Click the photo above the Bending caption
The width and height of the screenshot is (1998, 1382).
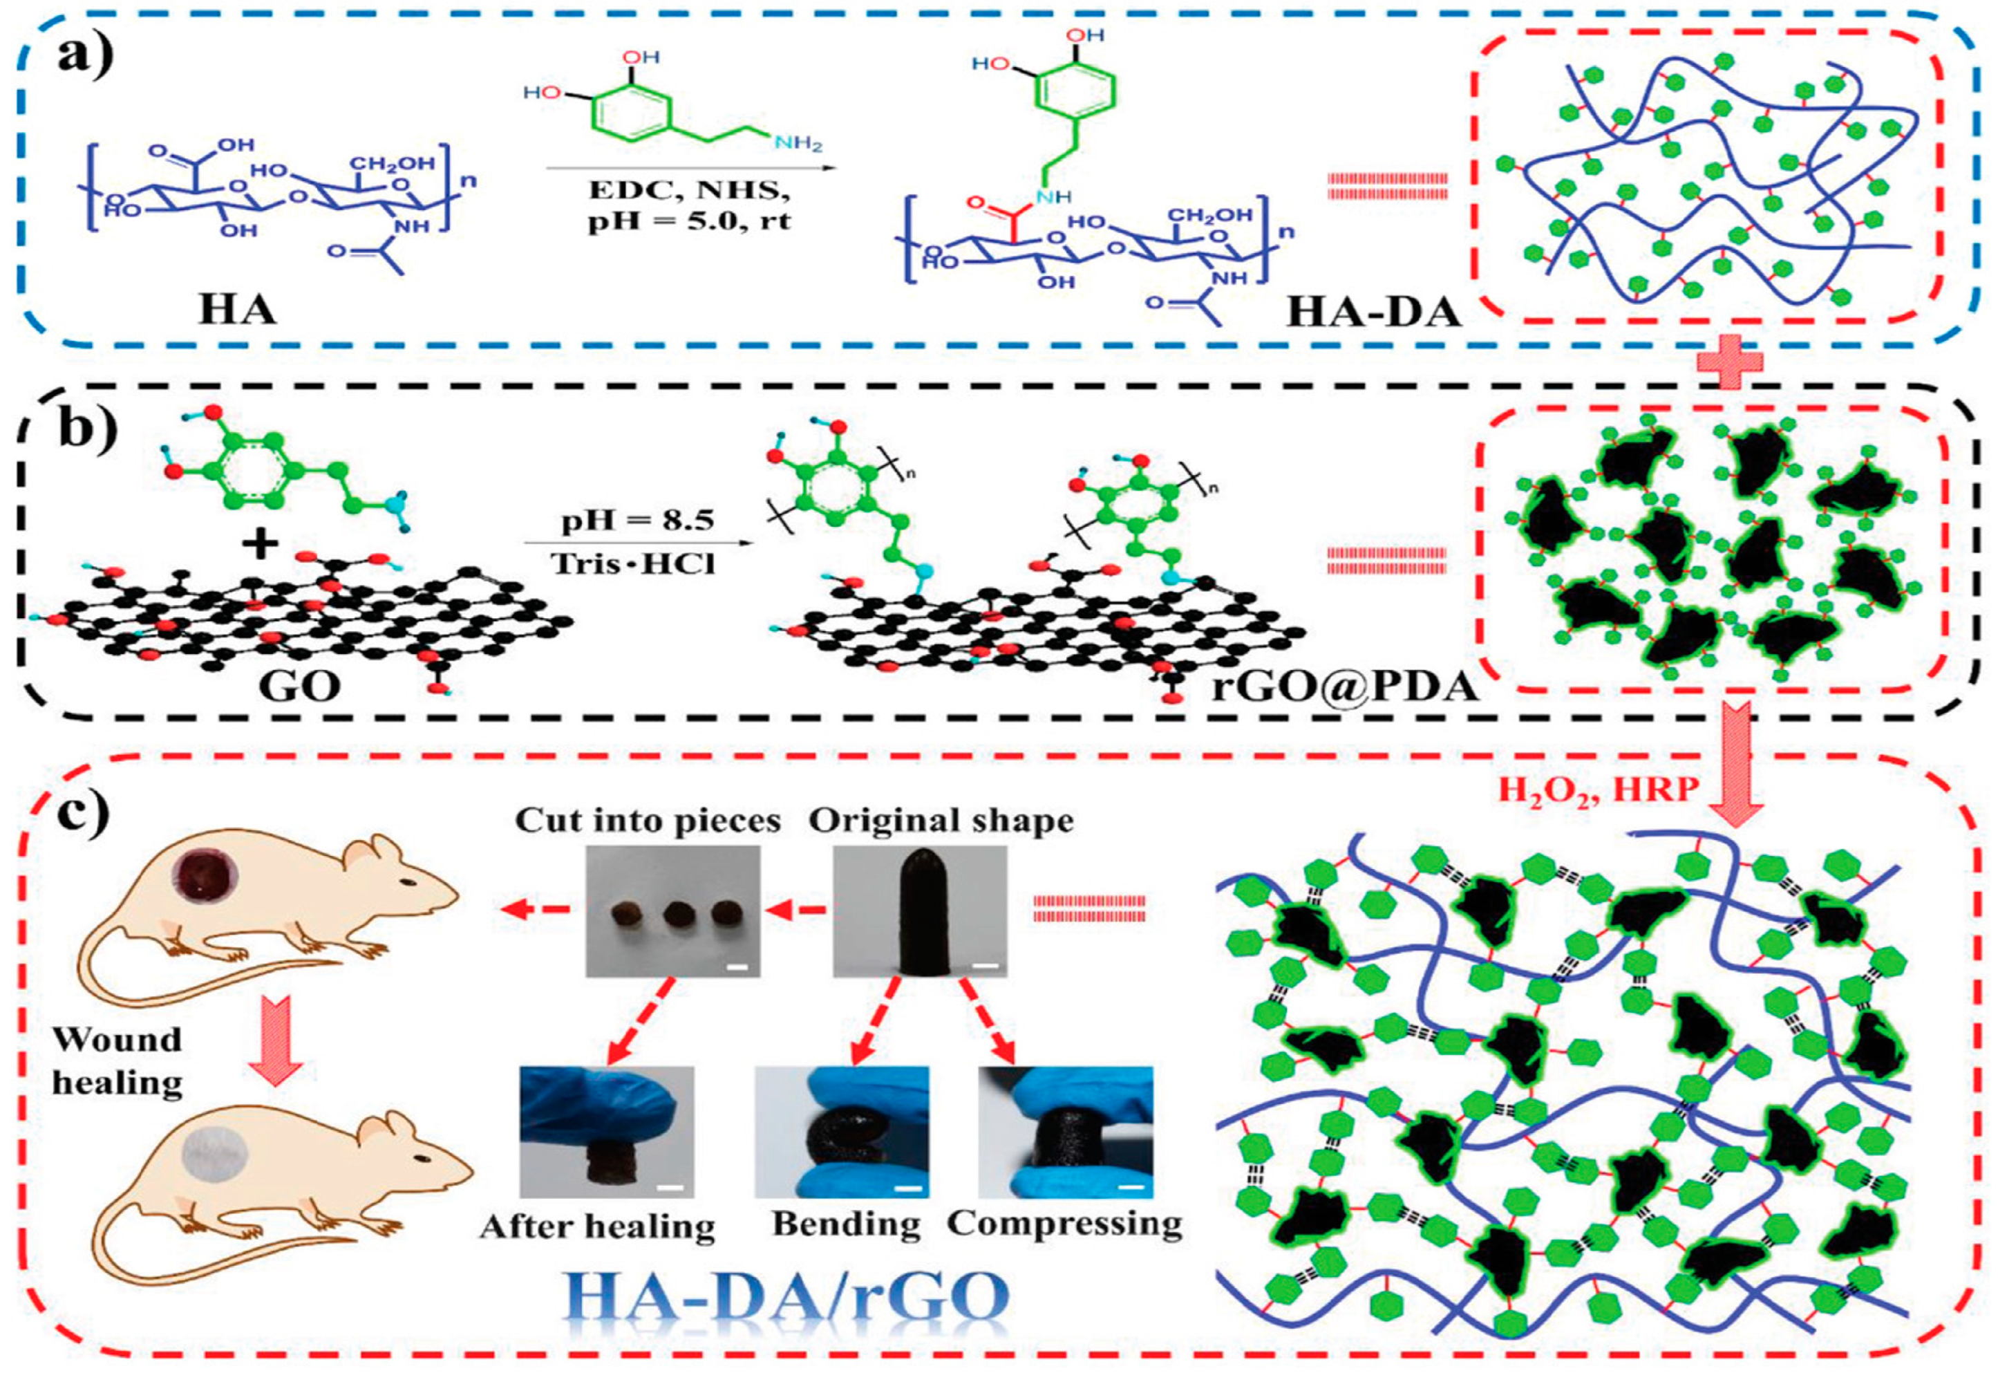tap(842, 1131)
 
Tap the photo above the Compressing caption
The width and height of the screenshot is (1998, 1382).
tap(1065, 1131)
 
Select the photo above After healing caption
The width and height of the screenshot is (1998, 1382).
tap(606, 1131)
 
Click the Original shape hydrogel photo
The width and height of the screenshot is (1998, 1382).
tap(919, 911)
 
